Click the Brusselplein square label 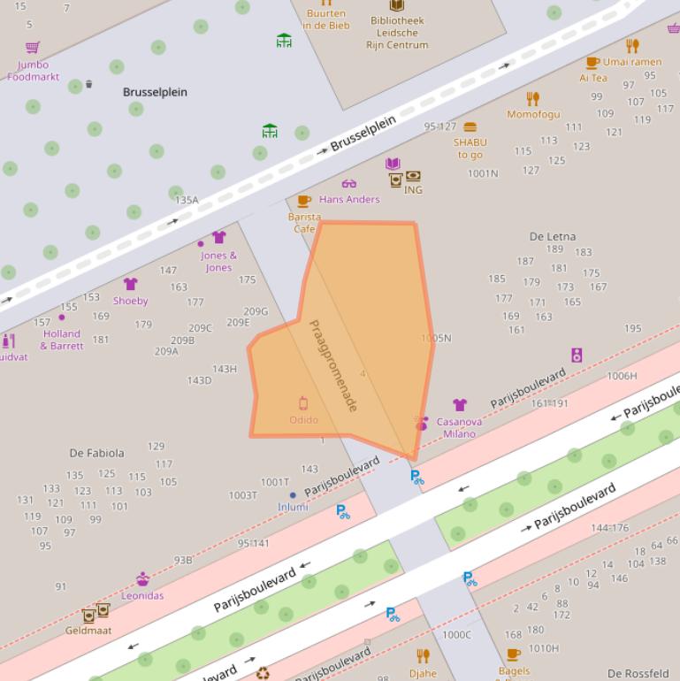coord(155,92)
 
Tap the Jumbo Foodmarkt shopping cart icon coord(33,48)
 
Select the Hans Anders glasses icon coord(349,184)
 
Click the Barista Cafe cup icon coord(304,202)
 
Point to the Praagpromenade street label coord(333,365)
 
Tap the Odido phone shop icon coord(303,403)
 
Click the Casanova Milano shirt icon coord(459,405)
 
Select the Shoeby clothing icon coord(131,284)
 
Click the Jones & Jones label coord(218,262)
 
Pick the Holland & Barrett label coord(62,340)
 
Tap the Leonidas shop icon coord(142,579)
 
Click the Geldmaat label coord(88,631)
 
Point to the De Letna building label coord(552,236)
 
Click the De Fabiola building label coord(97,453)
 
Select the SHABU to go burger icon coord(470,126)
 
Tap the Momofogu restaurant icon coord(532,98)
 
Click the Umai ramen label coord(632,62)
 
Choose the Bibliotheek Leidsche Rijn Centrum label coord(397,33)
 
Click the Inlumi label coord(293,507)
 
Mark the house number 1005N coord(436,338)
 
